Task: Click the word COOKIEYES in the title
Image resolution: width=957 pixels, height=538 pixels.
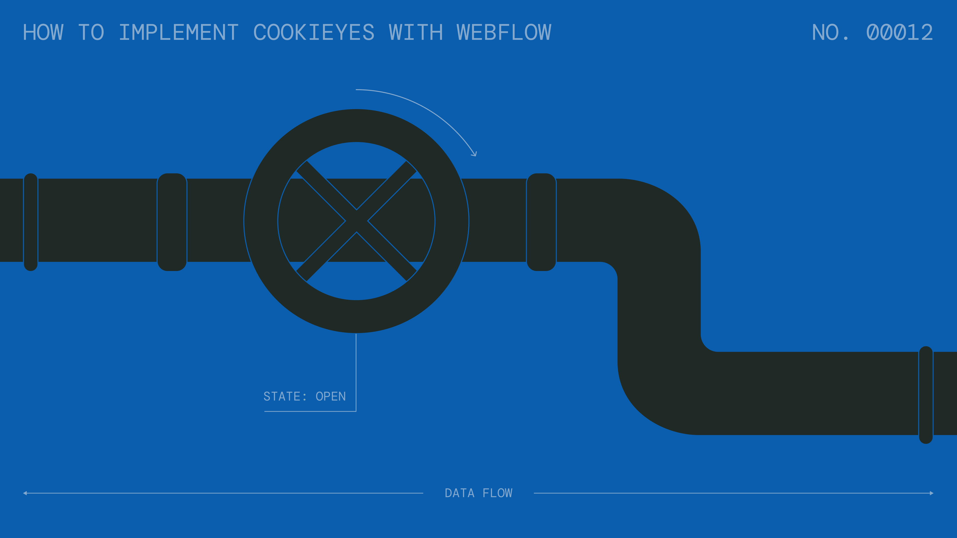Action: coord(314,32)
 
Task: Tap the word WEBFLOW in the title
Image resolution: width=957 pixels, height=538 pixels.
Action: coord(504,32)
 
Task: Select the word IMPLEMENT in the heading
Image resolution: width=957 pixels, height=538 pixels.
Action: coord(179,32)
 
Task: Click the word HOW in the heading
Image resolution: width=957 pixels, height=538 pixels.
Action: coord(43,32)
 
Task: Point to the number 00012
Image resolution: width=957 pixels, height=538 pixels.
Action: coord(899,32)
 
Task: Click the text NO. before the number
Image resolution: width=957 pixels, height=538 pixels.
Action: coord(830,32)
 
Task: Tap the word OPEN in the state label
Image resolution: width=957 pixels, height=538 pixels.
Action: coord(331,397)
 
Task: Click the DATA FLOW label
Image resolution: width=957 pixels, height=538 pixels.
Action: coord(478,493)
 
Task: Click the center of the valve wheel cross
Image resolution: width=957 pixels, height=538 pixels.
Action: coord(356,221)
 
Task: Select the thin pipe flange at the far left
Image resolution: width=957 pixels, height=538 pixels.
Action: coord(31,222)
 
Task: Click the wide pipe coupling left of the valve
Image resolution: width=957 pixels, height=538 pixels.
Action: coord(172,222)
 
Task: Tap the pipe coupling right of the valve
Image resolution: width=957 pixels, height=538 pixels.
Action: coord(541,222)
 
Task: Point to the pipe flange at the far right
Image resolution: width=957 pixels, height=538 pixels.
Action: coord(926,395)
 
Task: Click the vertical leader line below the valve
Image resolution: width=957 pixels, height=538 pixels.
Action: coord(356,372)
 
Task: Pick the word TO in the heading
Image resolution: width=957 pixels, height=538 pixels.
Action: coord(91,32)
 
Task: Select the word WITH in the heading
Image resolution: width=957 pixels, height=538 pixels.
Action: coord(416,32)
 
